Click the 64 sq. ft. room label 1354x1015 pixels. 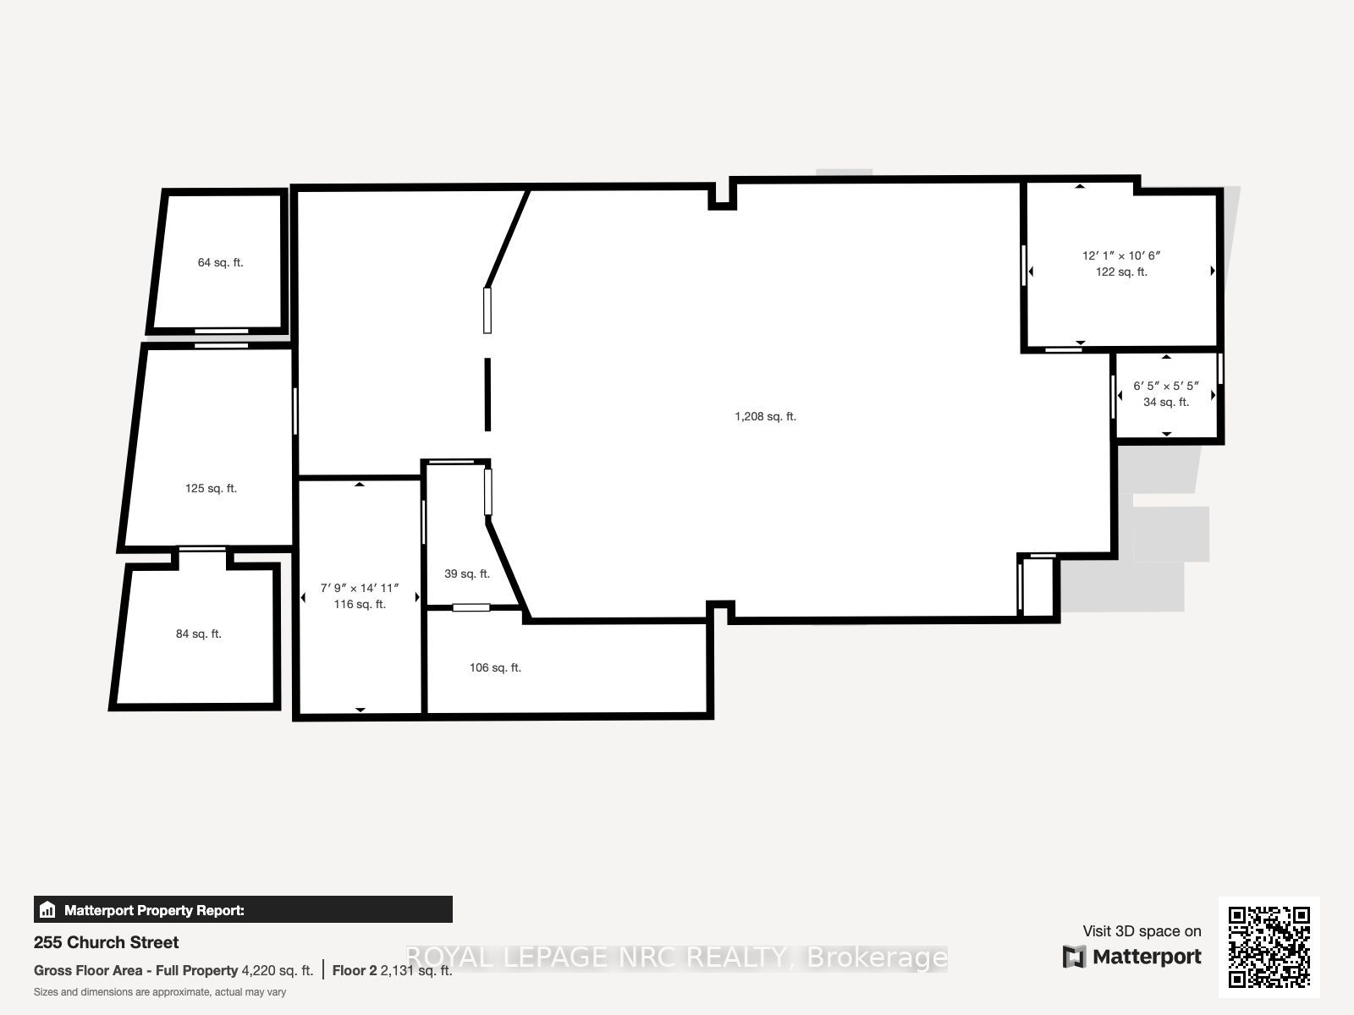click(220, 262)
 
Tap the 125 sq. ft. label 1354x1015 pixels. click(211, 488)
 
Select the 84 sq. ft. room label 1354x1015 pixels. click(199, 634)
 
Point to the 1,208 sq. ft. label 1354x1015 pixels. click(766, 417)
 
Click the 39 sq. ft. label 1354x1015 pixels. click(467, 573)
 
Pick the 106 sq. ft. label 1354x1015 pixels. click(495, 667)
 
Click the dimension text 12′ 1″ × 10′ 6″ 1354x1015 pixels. click(1121, 255)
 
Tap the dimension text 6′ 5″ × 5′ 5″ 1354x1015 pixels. click(1166, 386)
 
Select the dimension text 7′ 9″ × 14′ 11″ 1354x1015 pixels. click(360, 588)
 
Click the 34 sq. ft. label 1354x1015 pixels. click(1166, 402)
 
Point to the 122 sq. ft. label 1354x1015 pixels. click(1121, 272)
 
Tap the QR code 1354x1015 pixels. click(1269, 946)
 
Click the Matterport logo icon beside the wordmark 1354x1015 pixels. click(1074, 957)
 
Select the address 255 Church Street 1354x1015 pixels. click(106, 942)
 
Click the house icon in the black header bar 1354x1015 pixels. click(47, 909)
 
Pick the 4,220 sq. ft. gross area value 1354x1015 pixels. click(277, 971)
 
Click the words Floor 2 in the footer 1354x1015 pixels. click(354, 971)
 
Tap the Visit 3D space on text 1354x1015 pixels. click(1142, 931)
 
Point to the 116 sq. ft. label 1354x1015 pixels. click(360, 605)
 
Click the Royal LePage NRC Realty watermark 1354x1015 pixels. click(676, 957)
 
